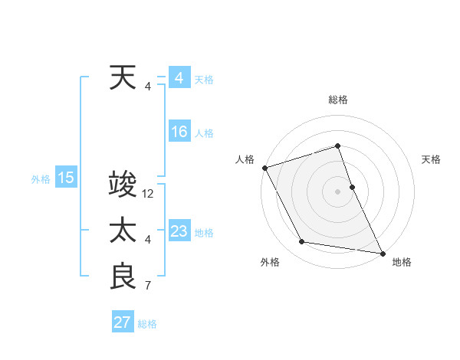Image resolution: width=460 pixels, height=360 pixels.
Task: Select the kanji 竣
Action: tap(123, 185)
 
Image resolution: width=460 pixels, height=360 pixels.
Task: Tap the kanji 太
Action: tap(123, 231)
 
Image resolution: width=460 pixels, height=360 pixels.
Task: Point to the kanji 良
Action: tap(123, 277)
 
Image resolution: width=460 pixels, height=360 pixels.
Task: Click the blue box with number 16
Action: tap(179, 132)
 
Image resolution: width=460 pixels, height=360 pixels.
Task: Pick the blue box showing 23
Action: tap(179, 231)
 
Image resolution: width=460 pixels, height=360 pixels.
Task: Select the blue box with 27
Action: tap(123, 322)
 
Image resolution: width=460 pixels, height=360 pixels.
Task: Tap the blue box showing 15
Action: tap(65, 178)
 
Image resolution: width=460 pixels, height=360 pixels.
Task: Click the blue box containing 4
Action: tap(179, 78)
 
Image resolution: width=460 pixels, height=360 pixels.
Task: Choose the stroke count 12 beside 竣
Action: tap(148, 195)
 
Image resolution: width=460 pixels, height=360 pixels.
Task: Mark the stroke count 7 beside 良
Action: tap(148, 286)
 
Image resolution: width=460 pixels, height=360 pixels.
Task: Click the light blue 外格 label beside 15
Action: tap(41, 179)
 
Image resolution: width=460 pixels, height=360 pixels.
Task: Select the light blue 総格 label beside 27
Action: tap(147, 324)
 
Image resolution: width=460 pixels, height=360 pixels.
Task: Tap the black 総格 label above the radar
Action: tap(337, 100)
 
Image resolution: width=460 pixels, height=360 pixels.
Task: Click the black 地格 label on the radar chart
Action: tap(402, 262)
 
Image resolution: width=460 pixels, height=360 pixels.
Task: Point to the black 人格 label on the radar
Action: tap(245, 159)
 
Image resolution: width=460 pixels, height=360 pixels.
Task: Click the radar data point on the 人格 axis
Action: tap(264, 168)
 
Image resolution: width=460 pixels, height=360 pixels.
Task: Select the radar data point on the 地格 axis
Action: tap(381, 252)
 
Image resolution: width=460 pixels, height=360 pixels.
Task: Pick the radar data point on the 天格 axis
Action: tap(352, 187)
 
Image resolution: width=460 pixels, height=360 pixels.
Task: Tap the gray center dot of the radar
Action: tap(337, 191)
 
